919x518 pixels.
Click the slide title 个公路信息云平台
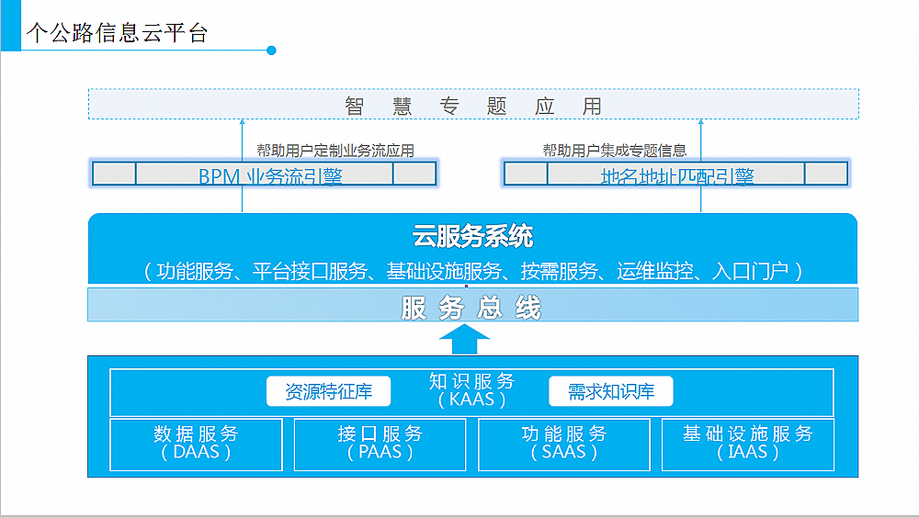pyautogui.click(x=118, y=34)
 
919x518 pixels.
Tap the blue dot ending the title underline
pyautogui.click(x=271, y=51)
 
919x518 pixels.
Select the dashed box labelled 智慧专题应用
pyautogui.click(x=473, y=105)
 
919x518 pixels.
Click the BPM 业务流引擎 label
pyautogui.click(x=270, y=175)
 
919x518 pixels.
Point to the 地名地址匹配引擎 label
pyautogui.click(x=676, y=175)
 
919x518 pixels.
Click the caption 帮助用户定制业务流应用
pyautogui.click(x=335, y=151)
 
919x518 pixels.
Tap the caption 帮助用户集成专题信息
pyautogui.click(x=615, y=151)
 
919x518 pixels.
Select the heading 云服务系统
pyautogui.click(x=472, y=237)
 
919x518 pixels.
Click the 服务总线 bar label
pyautogui.click(x=471, y=308)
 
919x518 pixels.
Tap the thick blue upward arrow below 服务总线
pyautogui.click(x=464, y=340)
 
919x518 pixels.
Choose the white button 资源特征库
pyautogui.click(x=328, y=392)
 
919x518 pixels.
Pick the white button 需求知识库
pyautogui.click(x=610, y=392)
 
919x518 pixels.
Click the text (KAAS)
pyautogui.click(x=471, y=400)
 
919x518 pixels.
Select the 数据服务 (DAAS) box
pyautogui.click(x=196, y=443)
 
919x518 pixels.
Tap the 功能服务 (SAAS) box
pyautogui.click(x=563, y=443)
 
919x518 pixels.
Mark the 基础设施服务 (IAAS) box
pyautogui.click(x=748, y=443)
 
